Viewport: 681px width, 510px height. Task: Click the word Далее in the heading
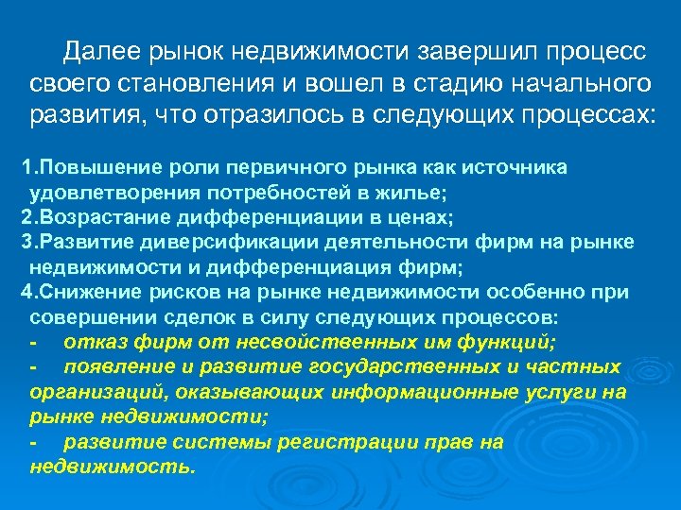[99, 51]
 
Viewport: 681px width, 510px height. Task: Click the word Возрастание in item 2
[90, 218]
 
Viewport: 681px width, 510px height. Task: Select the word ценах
[420, 218]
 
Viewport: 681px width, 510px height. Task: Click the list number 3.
[26, 243]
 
